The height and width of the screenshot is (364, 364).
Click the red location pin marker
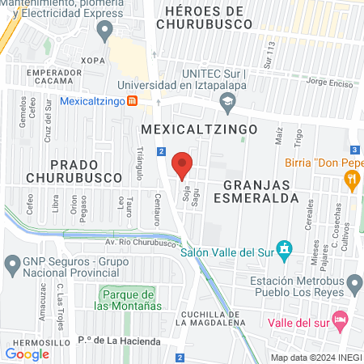(x=182, y=165)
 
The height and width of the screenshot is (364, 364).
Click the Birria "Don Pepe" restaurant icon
(x=351, y=183)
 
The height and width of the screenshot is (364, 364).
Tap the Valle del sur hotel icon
(x=341, y=319)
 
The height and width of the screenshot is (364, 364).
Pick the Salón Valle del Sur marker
(x=284, y=248)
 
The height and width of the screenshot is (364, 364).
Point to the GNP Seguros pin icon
(x=12, y=264)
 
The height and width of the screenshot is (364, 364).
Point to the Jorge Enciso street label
(x=332, y=83)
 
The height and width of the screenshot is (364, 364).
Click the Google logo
(x=27, y=353)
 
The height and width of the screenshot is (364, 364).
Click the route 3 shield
(x=355, y=150)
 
